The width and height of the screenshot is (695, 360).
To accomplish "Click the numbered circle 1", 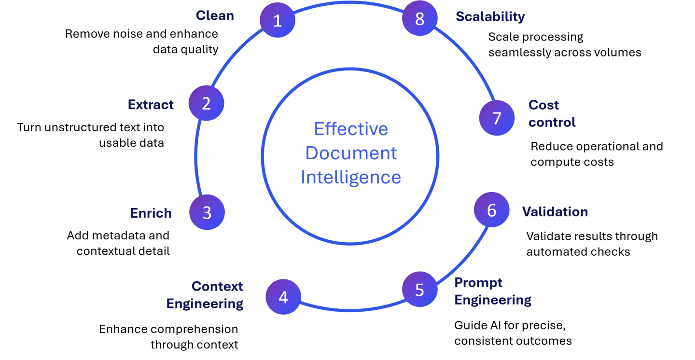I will tap(278, 20).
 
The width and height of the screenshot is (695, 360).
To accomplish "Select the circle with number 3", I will tap(207, 212).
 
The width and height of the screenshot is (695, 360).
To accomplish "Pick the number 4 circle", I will tap(283, 297).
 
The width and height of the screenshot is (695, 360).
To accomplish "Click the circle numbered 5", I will tap(419, 290).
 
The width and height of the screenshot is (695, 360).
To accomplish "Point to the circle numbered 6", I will tap(491, 210).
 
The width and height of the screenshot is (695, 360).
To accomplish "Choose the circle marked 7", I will tap(497, 119).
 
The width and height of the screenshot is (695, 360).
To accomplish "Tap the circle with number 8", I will tap(419, 19).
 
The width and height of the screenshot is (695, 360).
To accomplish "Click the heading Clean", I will tap(215, 15).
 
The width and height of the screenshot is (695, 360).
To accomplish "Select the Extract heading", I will tap(151, 105).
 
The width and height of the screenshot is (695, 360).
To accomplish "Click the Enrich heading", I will tap(151, 213).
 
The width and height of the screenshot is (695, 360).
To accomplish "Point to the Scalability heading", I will tap(490, 16).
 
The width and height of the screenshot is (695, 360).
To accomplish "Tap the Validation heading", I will tap(555, 211).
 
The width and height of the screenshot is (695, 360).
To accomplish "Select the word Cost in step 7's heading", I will tap(543, 105).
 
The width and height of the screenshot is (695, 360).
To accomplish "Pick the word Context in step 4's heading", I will tap(217, 286).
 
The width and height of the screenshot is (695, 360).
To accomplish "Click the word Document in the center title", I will tap(351, 153).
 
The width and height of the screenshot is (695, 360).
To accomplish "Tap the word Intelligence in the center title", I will tap(351, 177).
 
